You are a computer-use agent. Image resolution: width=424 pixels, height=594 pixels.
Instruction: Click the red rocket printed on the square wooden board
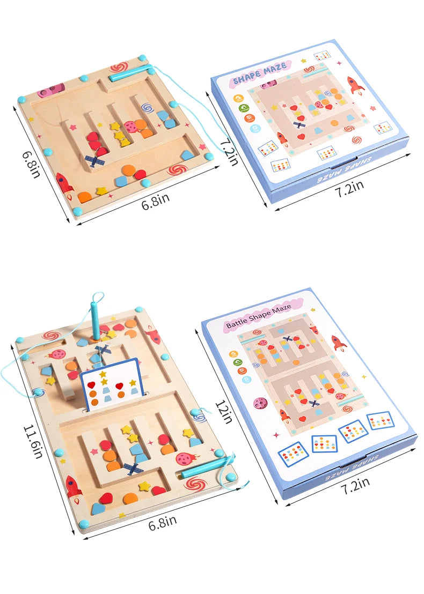pos(63,183)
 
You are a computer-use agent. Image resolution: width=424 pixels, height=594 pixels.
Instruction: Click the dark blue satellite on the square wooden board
pos(95,160)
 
